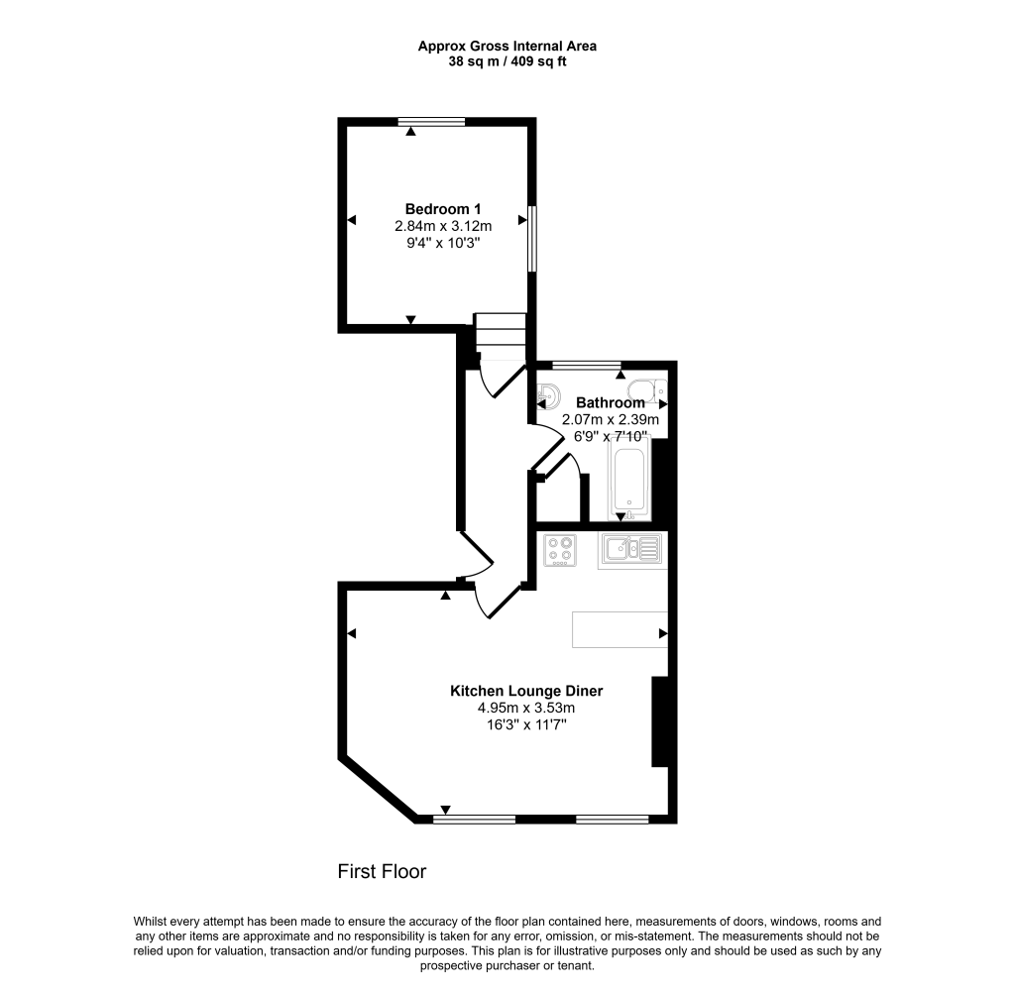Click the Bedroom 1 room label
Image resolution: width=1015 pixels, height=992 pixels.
click(442, 209)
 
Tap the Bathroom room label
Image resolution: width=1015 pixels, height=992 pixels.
click(611, 403)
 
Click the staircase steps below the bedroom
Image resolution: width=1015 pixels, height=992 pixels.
click(498, 336)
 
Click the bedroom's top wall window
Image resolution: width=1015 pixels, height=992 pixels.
click(431, 123)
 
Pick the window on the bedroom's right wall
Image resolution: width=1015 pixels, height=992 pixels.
click(531, 238)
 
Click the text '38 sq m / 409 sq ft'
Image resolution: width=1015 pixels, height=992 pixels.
click(507, 61)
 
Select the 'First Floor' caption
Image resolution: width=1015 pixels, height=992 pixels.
click(382, 872)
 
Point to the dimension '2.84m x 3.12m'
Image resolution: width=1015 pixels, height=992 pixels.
click(442, 226)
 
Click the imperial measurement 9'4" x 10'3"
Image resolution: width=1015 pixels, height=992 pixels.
click(442, 242)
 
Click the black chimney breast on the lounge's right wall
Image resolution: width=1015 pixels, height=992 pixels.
click(658, 721)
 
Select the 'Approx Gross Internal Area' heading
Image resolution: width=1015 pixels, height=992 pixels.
click(507, 46)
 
